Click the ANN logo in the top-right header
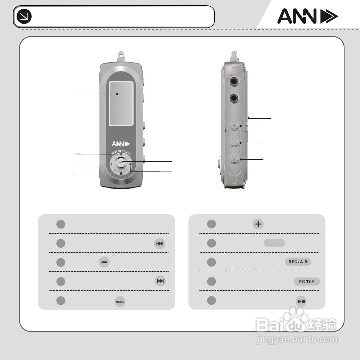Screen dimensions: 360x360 pos(307,17)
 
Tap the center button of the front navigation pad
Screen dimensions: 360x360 pos(120,163)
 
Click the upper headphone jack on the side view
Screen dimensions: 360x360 pos(234,82)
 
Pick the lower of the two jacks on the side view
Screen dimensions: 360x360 pos(234,98)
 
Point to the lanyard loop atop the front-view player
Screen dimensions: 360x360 pos(120,53)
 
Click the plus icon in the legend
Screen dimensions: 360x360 pos(258,224)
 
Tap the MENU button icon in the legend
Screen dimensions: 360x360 pos(120,302)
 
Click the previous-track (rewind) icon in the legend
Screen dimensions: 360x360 pos(159,243)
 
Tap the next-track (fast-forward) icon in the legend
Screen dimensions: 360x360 pos(160,281)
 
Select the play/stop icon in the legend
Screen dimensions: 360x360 pos(301,301)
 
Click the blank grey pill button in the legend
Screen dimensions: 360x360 pos(274,243)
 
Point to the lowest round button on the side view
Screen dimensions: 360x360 pos(235,160)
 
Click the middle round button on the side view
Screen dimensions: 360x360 pos(235,142)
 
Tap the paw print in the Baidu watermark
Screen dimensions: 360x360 pos(299,315)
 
